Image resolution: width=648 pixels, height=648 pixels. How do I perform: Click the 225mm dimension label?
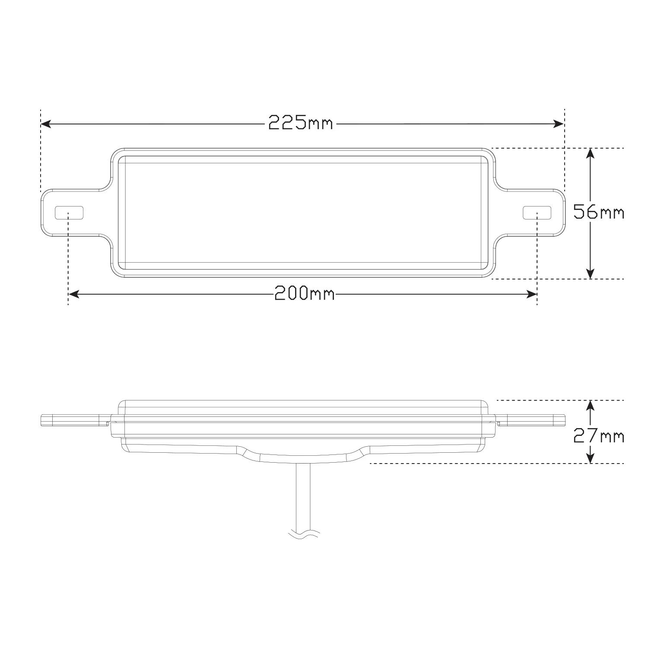[301, 124]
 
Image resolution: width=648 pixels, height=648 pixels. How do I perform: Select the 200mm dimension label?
[305, 294]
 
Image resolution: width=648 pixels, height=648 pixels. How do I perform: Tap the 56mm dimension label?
[599, 212]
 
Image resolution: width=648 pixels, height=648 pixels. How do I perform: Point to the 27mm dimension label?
[599, 436]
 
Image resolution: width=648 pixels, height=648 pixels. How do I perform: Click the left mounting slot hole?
[69, 213]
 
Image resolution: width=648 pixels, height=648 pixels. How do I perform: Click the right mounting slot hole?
[537, 213]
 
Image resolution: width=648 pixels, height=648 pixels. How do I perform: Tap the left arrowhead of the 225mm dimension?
[46, 124]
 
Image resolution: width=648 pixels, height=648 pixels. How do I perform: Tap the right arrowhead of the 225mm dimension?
[559, 124]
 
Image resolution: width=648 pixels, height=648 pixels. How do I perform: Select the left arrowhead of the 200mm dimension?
[74, 294]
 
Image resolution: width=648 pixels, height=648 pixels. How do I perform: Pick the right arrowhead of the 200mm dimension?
[531, 294]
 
